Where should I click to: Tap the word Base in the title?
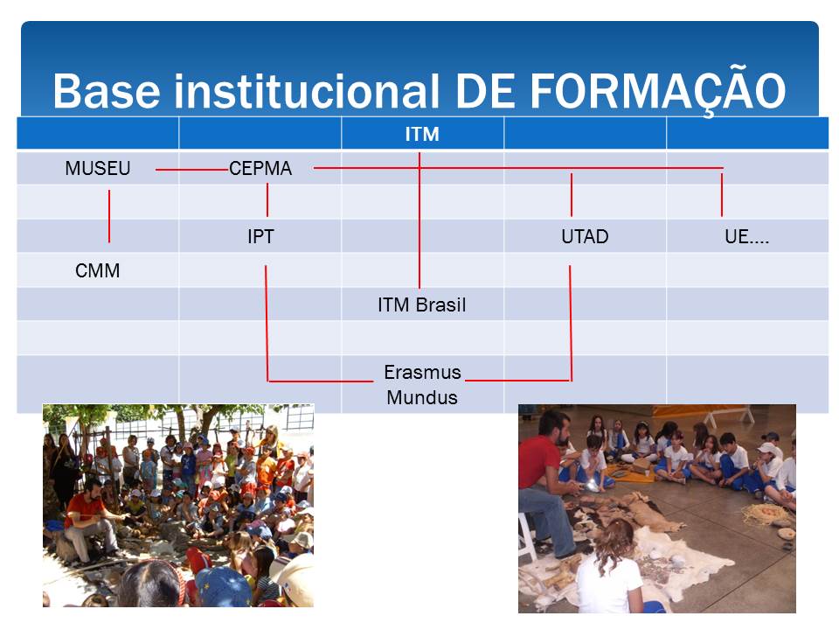click(106, 90)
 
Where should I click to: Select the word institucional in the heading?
click(307, 90)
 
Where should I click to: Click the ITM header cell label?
click(422, 134)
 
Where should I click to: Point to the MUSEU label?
click(97, 168)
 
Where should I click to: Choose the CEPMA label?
click(260, 168)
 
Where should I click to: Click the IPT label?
click(260, 236)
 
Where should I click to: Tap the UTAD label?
click(585, 236)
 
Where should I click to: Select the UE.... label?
click(747, 236)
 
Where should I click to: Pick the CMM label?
click(97, 270)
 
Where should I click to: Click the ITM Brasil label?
click(422, 304)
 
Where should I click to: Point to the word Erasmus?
click(422, 372)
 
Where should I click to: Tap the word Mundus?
click(422, 397)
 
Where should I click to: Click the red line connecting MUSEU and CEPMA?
click(192, 169)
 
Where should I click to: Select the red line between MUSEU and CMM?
click(109, 216)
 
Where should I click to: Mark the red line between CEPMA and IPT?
click(267, 199)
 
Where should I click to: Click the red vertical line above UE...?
click(722, 195)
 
